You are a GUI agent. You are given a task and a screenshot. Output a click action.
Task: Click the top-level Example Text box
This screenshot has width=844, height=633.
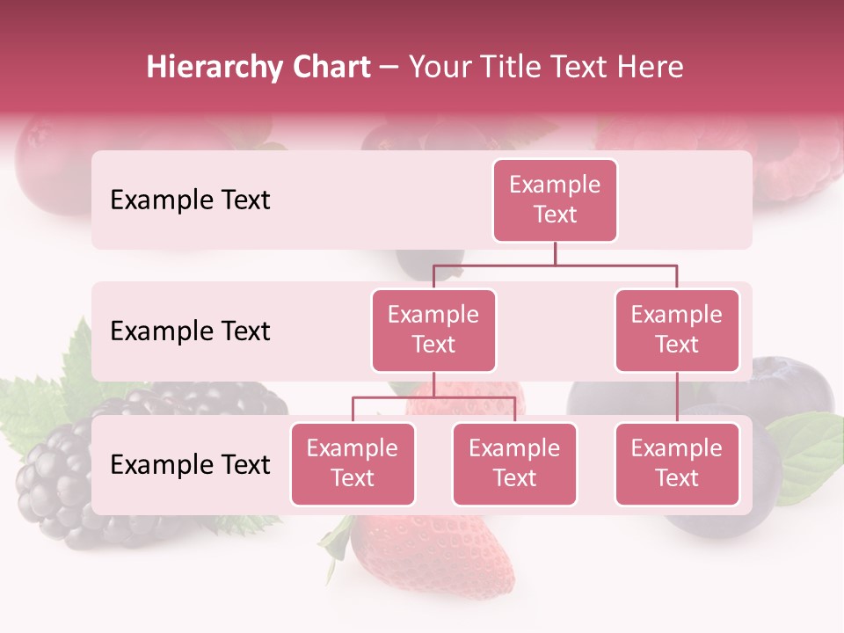(555, 200)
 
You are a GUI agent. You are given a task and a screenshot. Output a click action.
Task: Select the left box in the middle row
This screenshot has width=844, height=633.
(433, 331)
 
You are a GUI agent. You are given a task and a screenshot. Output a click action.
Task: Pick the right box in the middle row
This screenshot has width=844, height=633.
(677, 331)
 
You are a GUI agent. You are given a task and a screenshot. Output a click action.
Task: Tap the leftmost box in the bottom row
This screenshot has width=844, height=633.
(353, 464)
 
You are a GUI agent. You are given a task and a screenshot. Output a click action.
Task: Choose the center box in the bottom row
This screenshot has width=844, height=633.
(514, 464)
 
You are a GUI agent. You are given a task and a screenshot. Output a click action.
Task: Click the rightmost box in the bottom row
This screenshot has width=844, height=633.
(677, 464)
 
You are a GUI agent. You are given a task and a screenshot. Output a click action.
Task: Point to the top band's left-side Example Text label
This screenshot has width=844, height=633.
(190, 200)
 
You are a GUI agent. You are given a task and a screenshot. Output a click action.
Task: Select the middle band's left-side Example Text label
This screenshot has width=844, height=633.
(190, 331)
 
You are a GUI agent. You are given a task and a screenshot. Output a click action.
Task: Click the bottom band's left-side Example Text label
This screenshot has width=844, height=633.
(190, 464)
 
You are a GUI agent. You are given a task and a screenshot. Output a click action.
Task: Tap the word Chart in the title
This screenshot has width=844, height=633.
(330, 68)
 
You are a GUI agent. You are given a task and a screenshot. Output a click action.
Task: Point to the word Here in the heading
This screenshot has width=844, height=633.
(652, 68)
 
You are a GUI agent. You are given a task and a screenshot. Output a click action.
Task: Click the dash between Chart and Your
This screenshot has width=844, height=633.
(389, 68)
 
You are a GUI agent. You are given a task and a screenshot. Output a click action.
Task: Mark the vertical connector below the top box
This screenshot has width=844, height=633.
(555, 253)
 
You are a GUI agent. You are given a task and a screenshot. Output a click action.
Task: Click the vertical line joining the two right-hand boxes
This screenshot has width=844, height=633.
(677, 397)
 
